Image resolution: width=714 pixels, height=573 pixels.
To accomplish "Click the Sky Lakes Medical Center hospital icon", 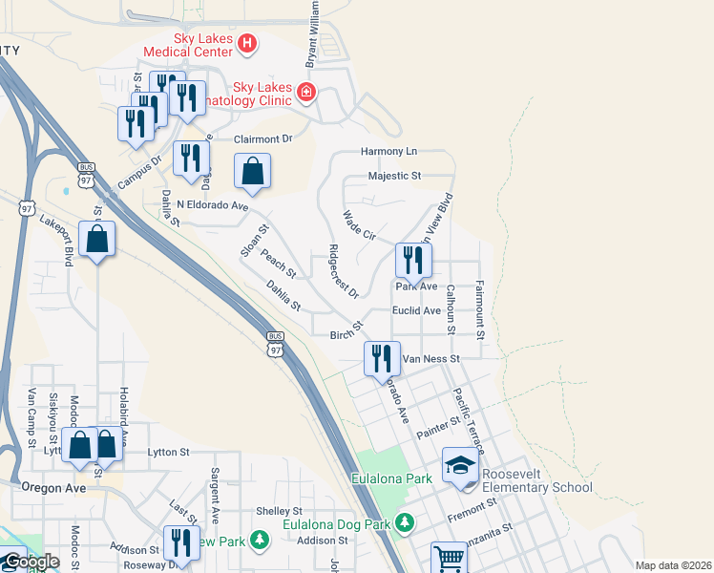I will click(247, 43).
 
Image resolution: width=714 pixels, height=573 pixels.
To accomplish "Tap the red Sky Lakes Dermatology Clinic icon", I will click(305, 93).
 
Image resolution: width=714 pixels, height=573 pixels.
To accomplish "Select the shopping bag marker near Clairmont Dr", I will click(253, 172).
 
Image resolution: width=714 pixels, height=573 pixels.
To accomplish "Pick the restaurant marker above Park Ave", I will click(413, 261).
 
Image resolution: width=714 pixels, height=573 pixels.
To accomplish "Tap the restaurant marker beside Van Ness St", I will click(381, 360).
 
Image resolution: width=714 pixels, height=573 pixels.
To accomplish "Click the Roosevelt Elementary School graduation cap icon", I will click(460, 466).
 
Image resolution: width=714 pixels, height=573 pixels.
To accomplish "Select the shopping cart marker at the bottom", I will click(449, 558).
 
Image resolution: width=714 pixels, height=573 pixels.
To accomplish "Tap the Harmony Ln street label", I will click(388, 152).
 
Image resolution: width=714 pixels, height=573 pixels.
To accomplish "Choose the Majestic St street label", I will click(394, 176).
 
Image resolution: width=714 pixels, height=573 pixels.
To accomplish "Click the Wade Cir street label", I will click(360, 226).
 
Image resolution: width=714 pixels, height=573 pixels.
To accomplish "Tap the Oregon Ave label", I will click(48, 487).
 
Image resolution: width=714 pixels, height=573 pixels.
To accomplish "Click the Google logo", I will click(31, 562).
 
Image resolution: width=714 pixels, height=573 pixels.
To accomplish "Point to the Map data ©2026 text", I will click(673, 565).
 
